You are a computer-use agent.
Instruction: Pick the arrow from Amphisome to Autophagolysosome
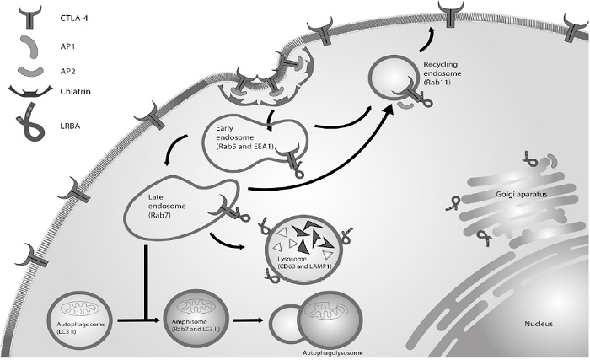[x=245, y=321]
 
